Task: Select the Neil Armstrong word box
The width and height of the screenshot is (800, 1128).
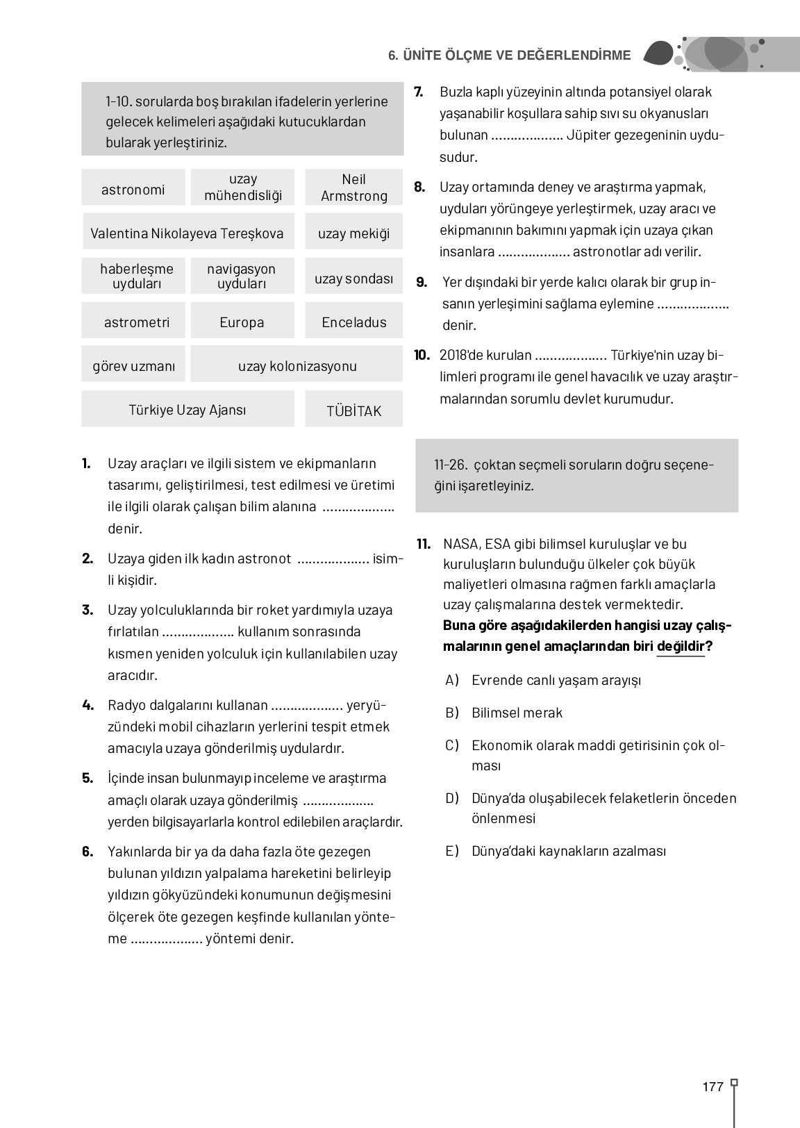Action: pyautogui.click(x=353, y=188)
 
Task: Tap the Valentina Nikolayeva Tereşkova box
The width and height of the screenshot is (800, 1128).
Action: pyautogui.click(x=187, y=233)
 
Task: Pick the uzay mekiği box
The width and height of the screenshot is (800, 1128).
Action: pyautogui.click(x=353, y=233)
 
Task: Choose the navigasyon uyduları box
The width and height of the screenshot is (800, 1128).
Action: pyautogui.click(x=242, y=276)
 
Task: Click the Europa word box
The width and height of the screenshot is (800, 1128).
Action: pyautogui.click(x=242, y=322)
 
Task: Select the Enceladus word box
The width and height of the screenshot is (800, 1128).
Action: pyautogui.click(x=353, y=322)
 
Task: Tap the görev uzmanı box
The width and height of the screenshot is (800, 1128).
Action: pyautogui.click(x=133, y=366)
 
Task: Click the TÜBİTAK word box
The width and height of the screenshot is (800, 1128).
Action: pyautogui.click(x=353, y=410)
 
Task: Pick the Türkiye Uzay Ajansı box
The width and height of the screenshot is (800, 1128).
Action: pyautogui.click(x=187, y=410)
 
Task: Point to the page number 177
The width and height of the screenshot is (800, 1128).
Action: pyautogui.click(x=712, y=1087)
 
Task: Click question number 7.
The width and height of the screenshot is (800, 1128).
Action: pyautogui.click(x=419, y=92)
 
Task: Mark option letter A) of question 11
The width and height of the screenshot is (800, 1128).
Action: pyautogui.click(x=452, y=679)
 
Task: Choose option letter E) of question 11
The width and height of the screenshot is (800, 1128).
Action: pyautogui.click(x=452, y=851)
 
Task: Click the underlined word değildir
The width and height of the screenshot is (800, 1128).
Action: pyautogui.click(x=681, y=647)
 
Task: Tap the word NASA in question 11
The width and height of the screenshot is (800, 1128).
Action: pyautogui.click(x=460, y=544)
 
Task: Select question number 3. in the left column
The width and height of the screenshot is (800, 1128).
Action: pyautogui.click(x=87, y=610)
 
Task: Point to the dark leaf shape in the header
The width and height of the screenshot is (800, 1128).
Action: pyautogui.click(x=658, y=53)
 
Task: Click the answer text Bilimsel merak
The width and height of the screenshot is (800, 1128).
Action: pyautogui.click(x=517, y=713)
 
